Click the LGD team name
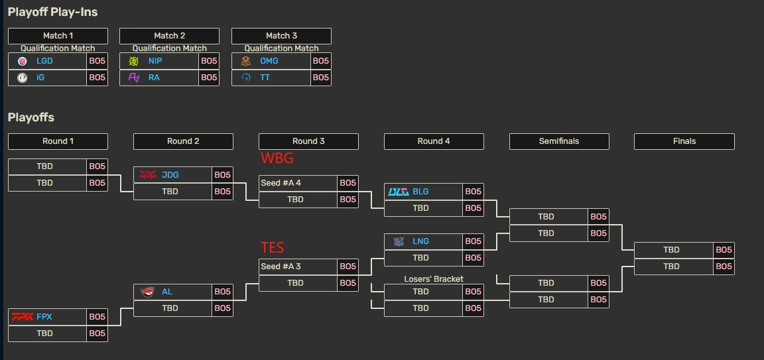point(44,61)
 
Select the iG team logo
point(23,78)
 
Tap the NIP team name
point(155,61)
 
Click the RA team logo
point(134,78)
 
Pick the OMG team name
point(269,61)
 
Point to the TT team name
point(265,78)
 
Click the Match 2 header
point(169,36)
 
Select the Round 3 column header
point(308,141)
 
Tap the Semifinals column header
point(559,141)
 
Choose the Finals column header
point(684,141)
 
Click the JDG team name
point(170,175)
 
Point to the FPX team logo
point(23,317)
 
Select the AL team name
point(167,292)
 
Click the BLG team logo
point(398,192)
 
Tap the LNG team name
point(420,241)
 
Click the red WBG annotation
point(277,158)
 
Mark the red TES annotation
point(272,248)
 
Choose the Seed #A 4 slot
point(281,183)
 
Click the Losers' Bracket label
point(434,279)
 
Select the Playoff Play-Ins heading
point(53,11)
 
